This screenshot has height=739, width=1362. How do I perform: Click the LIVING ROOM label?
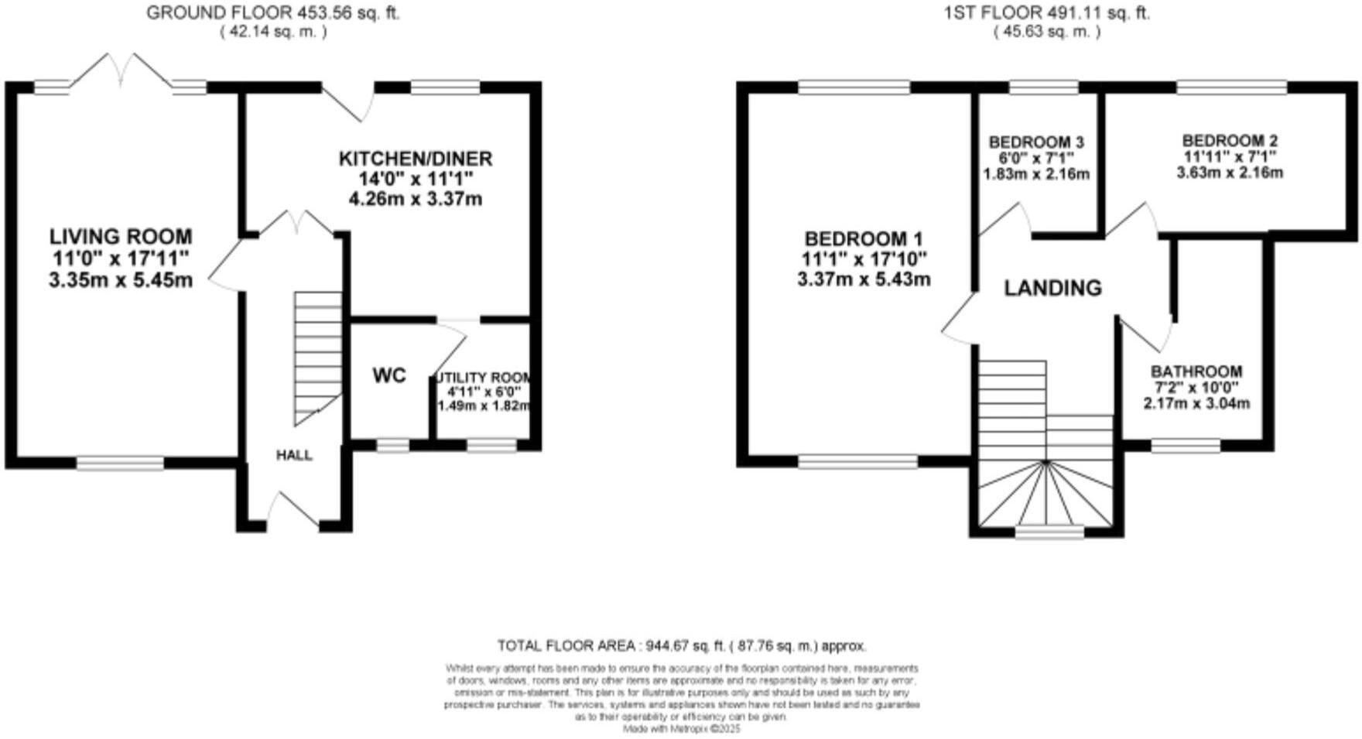coord(121,237)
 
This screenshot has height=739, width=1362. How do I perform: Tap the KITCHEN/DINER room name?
coord(416,159)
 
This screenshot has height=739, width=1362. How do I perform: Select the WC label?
coord(389,376)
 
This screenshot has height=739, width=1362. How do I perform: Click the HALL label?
coord(294,455)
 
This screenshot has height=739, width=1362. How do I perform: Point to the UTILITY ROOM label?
coord(484,378)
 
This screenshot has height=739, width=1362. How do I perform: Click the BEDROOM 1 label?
coord(863,239)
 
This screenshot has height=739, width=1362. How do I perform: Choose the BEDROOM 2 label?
coord(1230,141)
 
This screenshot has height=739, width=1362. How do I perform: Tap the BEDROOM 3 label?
coord(1036,142)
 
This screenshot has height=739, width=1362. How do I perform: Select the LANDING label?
coord(1052,289)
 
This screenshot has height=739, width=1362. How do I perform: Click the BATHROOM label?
coord(1196,371)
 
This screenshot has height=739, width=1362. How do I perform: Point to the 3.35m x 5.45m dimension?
coord(121,280)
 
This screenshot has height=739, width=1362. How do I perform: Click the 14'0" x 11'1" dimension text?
coord(416,179)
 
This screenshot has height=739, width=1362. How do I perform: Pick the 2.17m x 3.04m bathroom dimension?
coord(1196,403)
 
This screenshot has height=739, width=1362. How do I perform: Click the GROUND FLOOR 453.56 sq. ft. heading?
coord(273,12)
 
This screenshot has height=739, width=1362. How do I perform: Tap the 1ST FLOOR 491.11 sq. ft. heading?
coord(1047,12)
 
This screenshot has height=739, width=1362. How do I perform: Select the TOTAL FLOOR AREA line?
coord(682,645)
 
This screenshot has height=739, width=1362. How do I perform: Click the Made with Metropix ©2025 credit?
coord(682,729)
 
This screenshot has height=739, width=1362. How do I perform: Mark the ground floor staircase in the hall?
coord(317,356)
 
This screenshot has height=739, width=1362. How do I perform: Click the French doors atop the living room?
coord(121,71)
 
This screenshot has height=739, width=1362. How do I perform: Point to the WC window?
coord(392,445)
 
